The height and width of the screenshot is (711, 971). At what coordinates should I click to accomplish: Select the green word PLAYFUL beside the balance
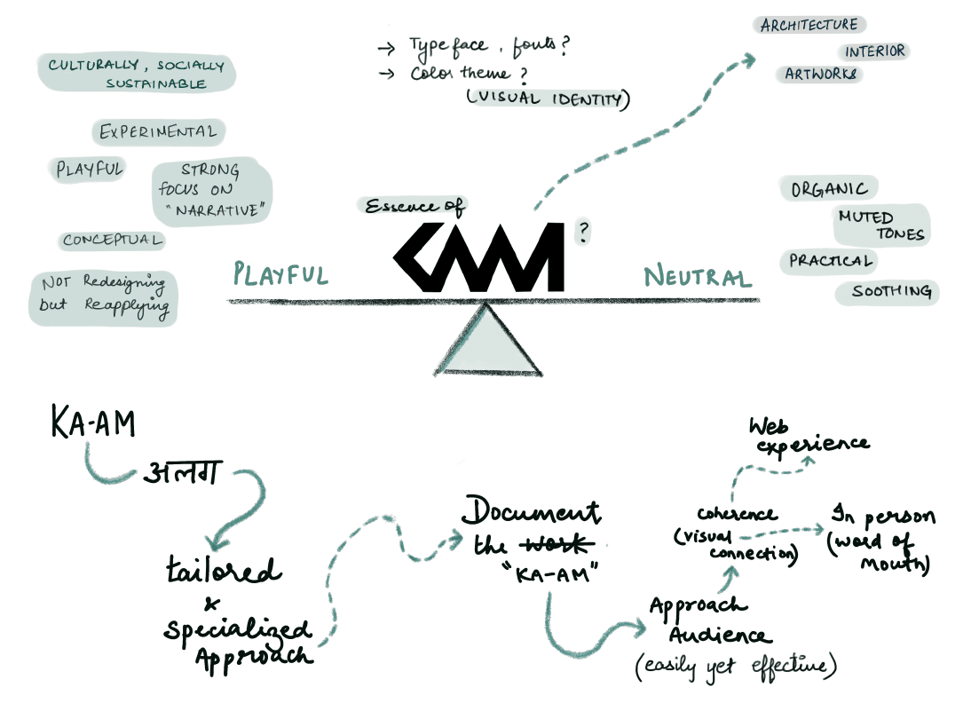tap(280, 273)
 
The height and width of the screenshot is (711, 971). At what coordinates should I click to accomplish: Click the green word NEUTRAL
tap(698, 277)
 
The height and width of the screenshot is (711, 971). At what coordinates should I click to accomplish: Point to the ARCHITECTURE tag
tap(809, 25)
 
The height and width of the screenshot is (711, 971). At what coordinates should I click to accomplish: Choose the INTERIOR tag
tap(874, 51)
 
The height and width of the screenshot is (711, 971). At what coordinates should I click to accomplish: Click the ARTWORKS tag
tap(822, 75)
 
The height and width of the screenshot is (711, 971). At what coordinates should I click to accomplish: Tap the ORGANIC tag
tap(828, 189)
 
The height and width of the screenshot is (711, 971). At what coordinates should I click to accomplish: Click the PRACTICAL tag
tap(831, 261)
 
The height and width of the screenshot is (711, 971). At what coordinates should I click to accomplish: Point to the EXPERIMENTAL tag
tap(158, 132)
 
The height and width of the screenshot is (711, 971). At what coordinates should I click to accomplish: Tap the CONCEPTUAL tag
tap(112, 241)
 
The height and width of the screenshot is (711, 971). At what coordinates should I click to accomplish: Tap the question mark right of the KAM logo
tap(583, 232)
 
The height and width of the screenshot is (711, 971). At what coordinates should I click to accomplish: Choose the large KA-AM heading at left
tap(92, 424)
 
